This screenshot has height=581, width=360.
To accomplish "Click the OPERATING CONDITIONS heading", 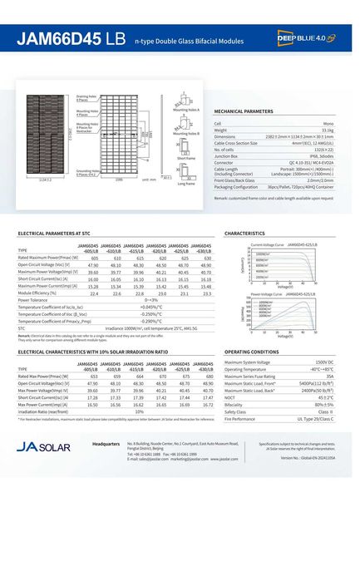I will (x=251, y=352).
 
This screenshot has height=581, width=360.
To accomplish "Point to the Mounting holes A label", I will (x=186, y=109).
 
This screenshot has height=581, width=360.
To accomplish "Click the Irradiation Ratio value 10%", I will (x=140, y=411).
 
